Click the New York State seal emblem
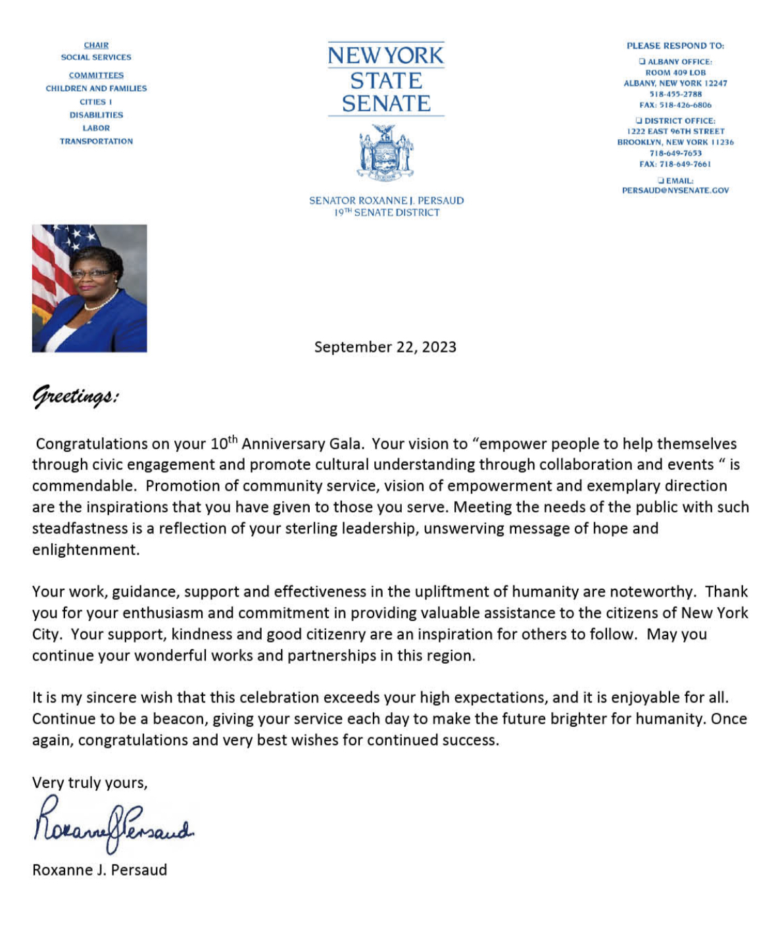[385, 153]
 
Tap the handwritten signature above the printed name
[113, 824]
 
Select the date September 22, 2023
[385, 347]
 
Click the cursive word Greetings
[75, 397]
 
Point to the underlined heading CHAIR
[96, 45]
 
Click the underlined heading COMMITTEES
[96, 76]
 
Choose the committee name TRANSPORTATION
[96, 141]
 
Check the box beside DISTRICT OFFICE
[639, 121]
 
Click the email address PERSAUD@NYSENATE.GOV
[675, 191]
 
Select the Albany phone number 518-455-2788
[675, 94]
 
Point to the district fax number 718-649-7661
[675, 164]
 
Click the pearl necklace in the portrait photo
[101, 303]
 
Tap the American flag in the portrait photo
[53, 263]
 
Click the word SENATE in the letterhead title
[386, 104]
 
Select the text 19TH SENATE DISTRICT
[386, 213]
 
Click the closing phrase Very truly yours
[89, 783]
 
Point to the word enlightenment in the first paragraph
[85, 550]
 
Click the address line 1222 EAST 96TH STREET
[675, 132]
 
